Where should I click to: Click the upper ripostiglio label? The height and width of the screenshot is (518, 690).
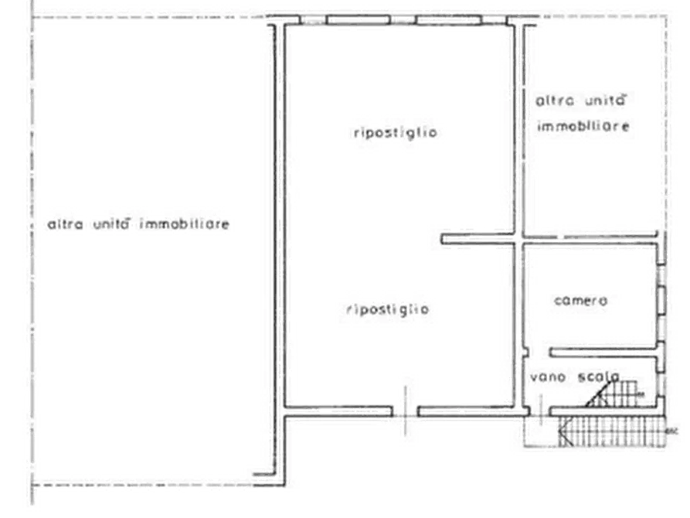point(395,132)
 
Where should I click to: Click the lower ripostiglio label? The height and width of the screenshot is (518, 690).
point(388,309)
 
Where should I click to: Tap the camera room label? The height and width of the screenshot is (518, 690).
point(581,301)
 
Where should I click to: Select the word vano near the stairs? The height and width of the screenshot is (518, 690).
point(548,377)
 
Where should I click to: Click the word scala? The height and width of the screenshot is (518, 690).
point(599,377)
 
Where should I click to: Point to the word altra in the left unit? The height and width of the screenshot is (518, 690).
point(65,224)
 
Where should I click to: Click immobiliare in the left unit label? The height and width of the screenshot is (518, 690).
point(185,223)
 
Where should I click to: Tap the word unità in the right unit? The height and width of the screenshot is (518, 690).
point(605,100)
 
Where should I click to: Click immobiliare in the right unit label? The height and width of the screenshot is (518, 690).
point(583,127)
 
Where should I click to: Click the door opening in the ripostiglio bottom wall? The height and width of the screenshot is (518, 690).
point(406,411)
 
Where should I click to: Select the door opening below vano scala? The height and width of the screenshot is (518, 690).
point(540,411)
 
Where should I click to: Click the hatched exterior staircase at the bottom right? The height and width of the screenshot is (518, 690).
point(612,431)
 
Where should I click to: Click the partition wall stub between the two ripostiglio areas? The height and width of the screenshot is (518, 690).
point(478,239)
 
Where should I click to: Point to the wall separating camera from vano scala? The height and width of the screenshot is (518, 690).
point(603,353)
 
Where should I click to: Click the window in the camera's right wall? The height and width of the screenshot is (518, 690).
point(661,300)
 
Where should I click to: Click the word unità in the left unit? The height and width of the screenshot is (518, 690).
point(111,223)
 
